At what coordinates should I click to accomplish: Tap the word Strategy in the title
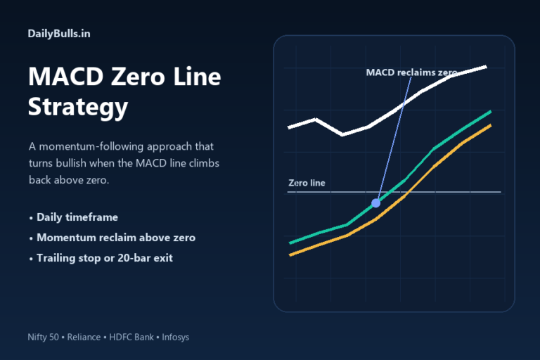click(78, 108)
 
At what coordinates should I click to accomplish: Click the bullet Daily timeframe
click(77, 217)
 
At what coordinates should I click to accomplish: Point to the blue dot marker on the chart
click(375, 202)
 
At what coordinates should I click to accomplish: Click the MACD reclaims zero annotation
click(412, 72)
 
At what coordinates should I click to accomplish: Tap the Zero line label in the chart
click(307, 184)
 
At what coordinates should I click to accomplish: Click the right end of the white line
click(486, 67)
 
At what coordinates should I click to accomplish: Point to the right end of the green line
click(490, 112)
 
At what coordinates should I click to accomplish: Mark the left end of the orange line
click(290, 255)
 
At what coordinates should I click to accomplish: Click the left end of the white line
click(289, 127)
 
